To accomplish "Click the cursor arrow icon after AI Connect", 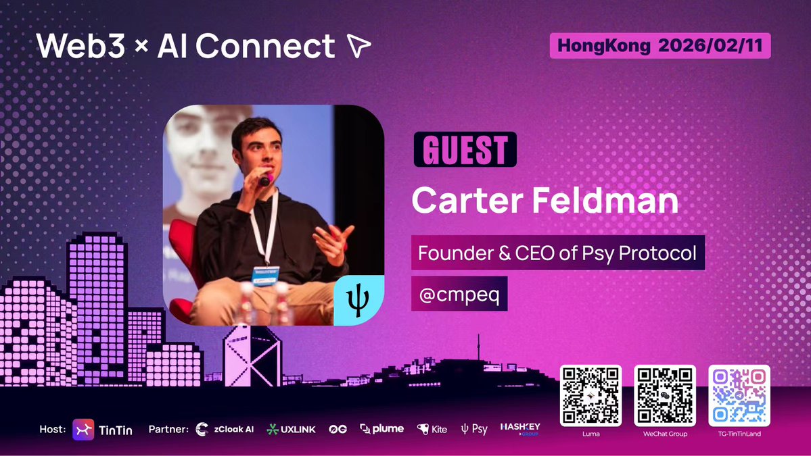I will click(x=358, y=46).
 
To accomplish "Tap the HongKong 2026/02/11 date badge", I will click(x=660, y=46).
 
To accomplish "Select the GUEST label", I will click(x=465, y=149).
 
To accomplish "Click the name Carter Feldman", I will click(x=545, y=200).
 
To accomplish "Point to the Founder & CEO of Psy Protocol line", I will click(x=558, y=253).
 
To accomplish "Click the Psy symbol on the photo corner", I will click(x=358, y=301).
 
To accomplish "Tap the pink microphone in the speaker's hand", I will click(x=266, y=179).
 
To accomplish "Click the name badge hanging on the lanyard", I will click(x=265, y=274).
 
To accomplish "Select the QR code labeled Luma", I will click(x=590, y=395).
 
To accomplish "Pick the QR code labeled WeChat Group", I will click(x=664, y=395).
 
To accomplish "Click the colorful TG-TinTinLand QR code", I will click(x=739, y=395).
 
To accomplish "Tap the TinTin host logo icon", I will click(x=84, y=430).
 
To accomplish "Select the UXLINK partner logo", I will click(x=291, y=429).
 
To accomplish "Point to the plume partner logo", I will click(x=382, y=429).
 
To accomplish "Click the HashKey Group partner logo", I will click(x=519, y=428).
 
